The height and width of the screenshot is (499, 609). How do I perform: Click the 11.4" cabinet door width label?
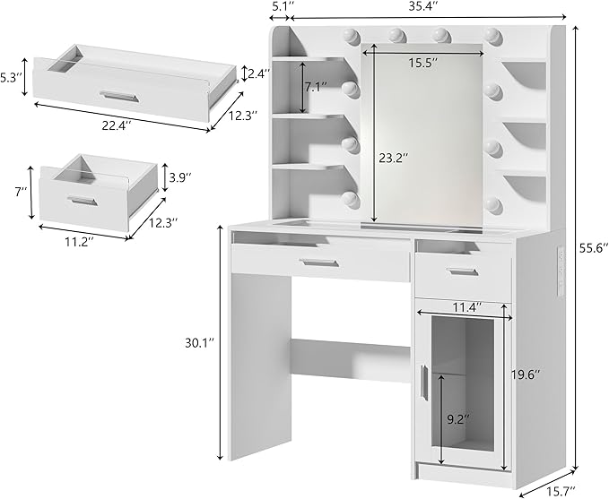pyautogui.click(x=463, y=307)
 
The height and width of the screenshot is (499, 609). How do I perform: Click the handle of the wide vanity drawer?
pyautogui.click(x=318, y=262)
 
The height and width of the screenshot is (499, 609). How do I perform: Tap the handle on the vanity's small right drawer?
pyautogui.click(x=463, y=271)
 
